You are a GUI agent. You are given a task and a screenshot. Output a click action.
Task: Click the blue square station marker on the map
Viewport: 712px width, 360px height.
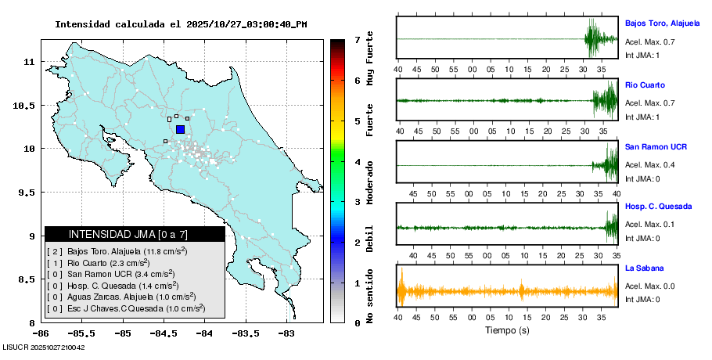(180, 130)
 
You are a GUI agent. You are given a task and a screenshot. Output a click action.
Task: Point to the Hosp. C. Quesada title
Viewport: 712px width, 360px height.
(658, 207)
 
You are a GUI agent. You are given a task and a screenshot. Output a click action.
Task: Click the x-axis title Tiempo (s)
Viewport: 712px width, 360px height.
(507, 331)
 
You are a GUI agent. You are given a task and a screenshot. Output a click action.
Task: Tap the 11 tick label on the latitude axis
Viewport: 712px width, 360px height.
(28, 61)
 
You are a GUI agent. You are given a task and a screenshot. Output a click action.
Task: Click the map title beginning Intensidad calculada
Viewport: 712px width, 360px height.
(181, 24)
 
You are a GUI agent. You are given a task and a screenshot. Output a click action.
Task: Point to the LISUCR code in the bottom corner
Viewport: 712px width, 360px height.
(44, 347)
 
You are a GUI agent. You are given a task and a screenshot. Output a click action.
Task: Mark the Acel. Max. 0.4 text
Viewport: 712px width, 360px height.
(649, 165)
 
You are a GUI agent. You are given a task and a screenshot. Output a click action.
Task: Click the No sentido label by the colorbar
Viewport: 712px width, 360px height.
(369, 298)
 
